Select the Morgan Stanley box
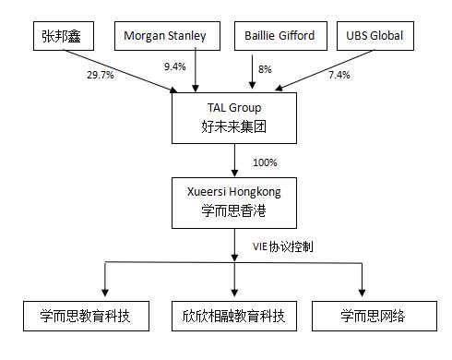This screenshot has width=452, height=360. (x=172, y=38)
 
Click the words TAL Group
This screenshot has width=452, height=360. (x=235, y=108)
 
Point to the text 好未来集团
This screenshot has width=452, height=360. (x=235, y=126)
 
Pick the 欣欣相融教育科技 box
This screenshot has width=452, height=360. (x=234, y=316)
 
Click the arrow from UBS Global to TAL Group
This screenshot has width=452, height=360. (x=314, y=74)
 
